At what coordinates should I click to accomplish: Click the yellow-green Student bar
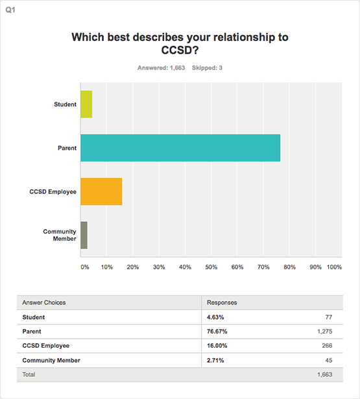coord(86,104)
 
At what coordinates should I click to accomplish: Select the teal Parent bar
coord(180,148)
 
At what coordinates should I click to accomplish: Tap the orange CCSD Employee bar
coord(101,191)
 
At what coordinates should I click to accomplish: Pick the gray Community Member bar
coord(84,235)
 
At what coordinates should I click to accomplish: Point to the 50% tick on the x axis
coord(211,267)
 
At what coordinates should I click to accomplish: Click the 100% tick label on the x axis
coord(334,267)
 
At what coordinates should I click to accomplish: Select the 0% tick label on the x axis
coord(85,267)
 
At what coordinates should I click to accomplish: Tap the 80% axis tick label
coord(289,267)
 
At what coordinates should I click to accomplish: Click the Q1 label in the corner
coord(10,10)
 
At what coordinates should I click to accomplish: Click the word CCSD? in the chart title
coord(180,50)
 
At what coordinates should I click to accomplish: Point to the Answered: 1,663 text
coord(162,68)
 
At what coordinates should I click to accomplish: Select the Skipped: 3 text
coord(207,68)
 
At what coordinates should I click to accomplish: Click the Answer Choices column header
coord(44,302)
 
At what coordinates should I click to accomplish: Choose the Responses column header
coord(222,302)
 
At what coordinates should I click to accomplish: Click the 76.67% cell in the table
coord(217,332)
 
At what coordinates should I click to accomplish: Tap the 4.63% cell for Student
coord(215,317)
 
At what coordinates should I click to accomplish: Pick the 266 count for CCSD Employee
coord(327,346)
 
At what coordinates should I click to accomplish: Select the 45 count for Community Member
coord(329,360)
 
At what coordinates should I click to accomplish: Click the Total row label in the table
coord(29,374)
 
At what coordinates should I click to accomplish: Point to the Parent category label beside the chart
coord(67,148)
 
